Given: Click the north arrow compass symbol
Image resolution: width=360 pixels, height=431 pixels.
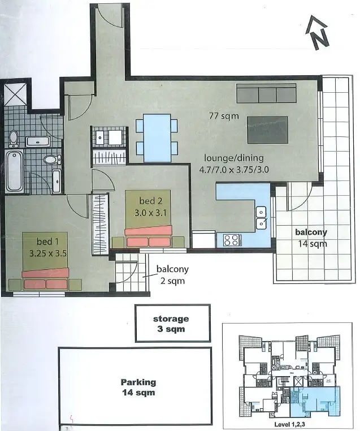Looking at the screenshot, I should point(318,34).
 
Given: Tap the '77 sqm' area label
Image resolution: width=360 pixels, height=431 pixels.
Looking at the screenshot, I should point(224,117).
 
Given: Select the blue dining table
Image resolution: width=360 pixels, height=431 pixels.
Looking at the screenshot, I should point(157,137).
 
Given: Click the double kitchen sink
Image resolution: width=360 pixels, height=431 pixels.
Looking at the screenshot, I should point(261,217).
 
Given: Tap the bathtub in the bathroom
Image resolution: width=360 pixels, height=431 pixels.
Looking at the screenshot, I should point(14,170).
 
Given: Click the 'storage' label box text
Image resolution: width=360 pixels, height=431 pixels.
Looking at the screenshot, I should point(171,319).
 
